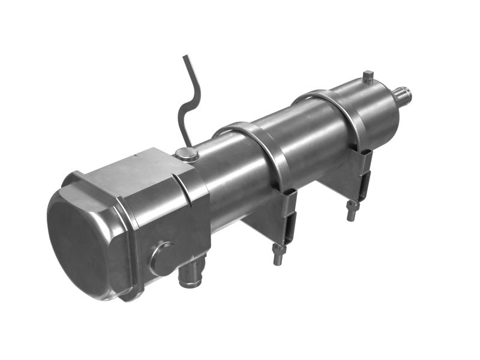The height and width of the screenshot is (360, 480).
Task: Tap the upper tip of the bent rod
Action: point(186,58)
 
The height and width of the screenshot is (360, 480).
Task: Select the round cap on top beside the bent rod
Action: point(187,155)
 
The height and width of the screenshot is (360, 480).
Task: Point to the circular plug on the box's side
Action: point(163,258)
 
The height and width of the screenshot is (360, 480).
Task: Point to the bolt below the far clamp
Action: point(352,211)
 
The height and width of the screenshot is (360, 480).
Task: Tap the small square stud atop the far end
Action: point(368,77)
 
